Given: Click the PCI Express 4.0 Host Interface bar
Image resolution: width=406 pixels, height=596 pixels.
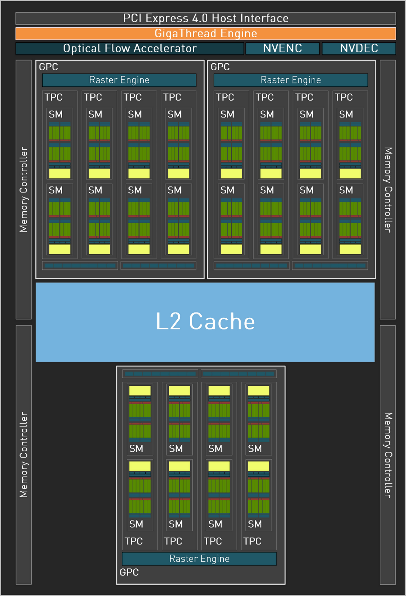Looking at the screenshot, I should [x=206, y=18].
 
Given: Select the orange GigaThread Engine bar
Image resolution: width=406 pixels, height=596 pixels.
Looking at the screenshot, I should [x=206, y=34].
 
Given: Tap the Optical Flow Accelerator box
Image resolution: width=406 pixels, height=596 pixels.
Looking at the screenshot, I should [x=130, y=48].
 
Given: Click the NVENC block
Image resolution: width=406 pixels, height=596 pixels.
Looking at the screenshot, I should [x=283, y=48].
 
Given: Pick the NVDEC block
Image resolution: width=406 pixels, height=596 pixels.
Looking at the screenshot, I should [x=359, y=48].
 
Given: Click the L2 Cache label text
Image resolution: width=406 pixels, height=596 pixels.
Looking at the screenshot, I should [x=205, y=321].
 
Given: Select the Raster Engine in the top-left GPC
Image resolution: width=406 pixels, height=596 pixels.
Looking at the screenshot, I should [x=119, y=80].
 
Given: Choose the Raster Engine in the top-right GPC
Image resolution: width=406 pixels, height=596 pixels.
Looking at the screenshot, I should [x=291, y=80].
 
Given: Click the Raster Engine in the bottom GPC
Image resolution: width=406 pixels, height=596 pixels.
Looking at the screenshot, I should [x=199, y=558].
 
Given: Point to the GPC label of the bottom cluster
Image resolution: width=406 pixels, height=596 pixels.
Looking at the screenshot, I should [x=129, y=572].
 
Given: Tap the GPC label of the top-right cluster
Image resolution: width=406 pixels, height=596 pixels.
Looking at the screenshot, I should [x=220, y=67].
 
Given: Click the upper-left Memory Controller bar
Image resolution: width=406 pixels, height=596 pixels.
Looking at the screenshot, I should [x=24, y=190].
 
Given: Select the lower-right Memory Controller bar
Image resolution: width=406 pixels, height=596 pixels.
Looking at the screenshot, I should [x=388, y=455].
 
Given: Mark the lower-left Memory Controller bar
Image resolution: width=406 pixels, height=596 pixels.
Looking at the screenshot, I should [x=24, y=455].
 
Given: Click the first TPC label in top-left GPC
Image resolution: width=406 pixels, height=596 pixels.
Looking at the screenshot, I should [x=53, y=97].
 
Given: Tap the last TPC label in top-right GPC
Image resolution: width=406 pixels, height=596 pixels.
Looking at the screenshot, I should [x=344, y=97].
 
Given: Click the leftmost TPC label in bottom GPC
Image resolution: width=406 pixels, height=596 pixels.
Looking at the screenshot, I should [x=134, y=541].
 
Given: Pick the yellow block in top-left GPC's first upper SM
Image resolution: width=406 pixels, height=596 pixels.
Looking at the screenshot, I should [x=60, y=173].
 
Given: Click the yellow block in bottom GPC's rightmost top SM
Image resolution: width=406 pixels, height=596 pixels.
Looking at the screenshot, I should [x=259, y=390].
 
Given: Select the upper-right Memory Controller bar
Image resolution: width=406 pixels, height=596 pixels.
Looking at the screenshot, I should [x=388, y=190].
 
